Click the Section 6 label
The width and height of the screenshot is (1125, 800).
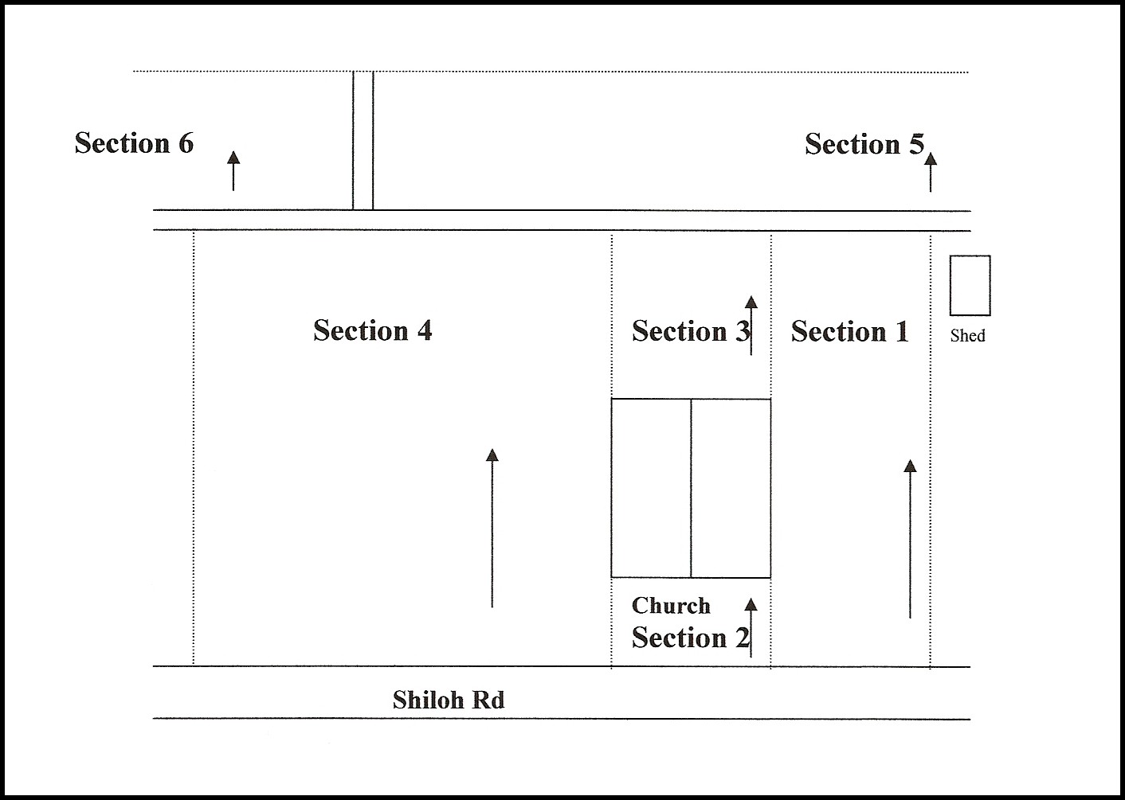point(134,143)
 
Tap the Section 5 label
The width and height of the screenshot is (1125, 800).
point(864,144)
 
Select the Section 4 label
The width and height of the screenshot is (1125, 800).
point(373,330)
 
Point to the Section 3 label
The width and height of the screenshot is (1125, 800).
point(691,331)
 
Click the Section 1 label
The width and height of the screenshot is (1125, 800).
point(850,332)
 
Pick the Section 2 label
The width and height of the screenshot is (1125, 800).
point(691,638)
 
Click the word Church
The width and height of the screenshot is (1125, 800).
point(671,606)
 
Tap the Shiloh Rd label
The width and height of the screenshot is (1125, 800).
point(449,700)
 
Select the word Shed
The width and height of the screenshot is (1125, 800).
point(968,335)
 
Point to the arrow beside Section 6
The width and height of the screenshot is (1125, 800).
point(233,170)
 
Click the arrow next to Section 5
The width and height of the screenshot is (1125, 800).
point(931,172)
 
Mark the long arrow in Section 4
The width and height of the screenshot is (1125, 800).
point(492,528)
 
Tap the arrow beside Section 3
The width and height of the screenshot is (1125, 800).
point(751,326)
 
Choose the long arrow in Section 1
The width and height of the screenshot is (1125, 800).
point(910,539)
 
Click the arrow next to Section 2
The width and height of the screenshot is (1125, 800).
point(751,627)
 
